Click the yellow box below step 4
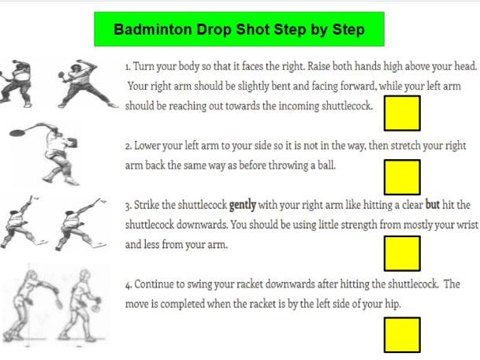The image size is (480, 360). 401,335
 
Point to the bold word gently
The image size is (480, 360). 244,206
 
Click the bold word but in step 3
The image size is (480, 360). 433,206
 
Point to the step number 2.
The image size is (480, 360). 128,147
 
